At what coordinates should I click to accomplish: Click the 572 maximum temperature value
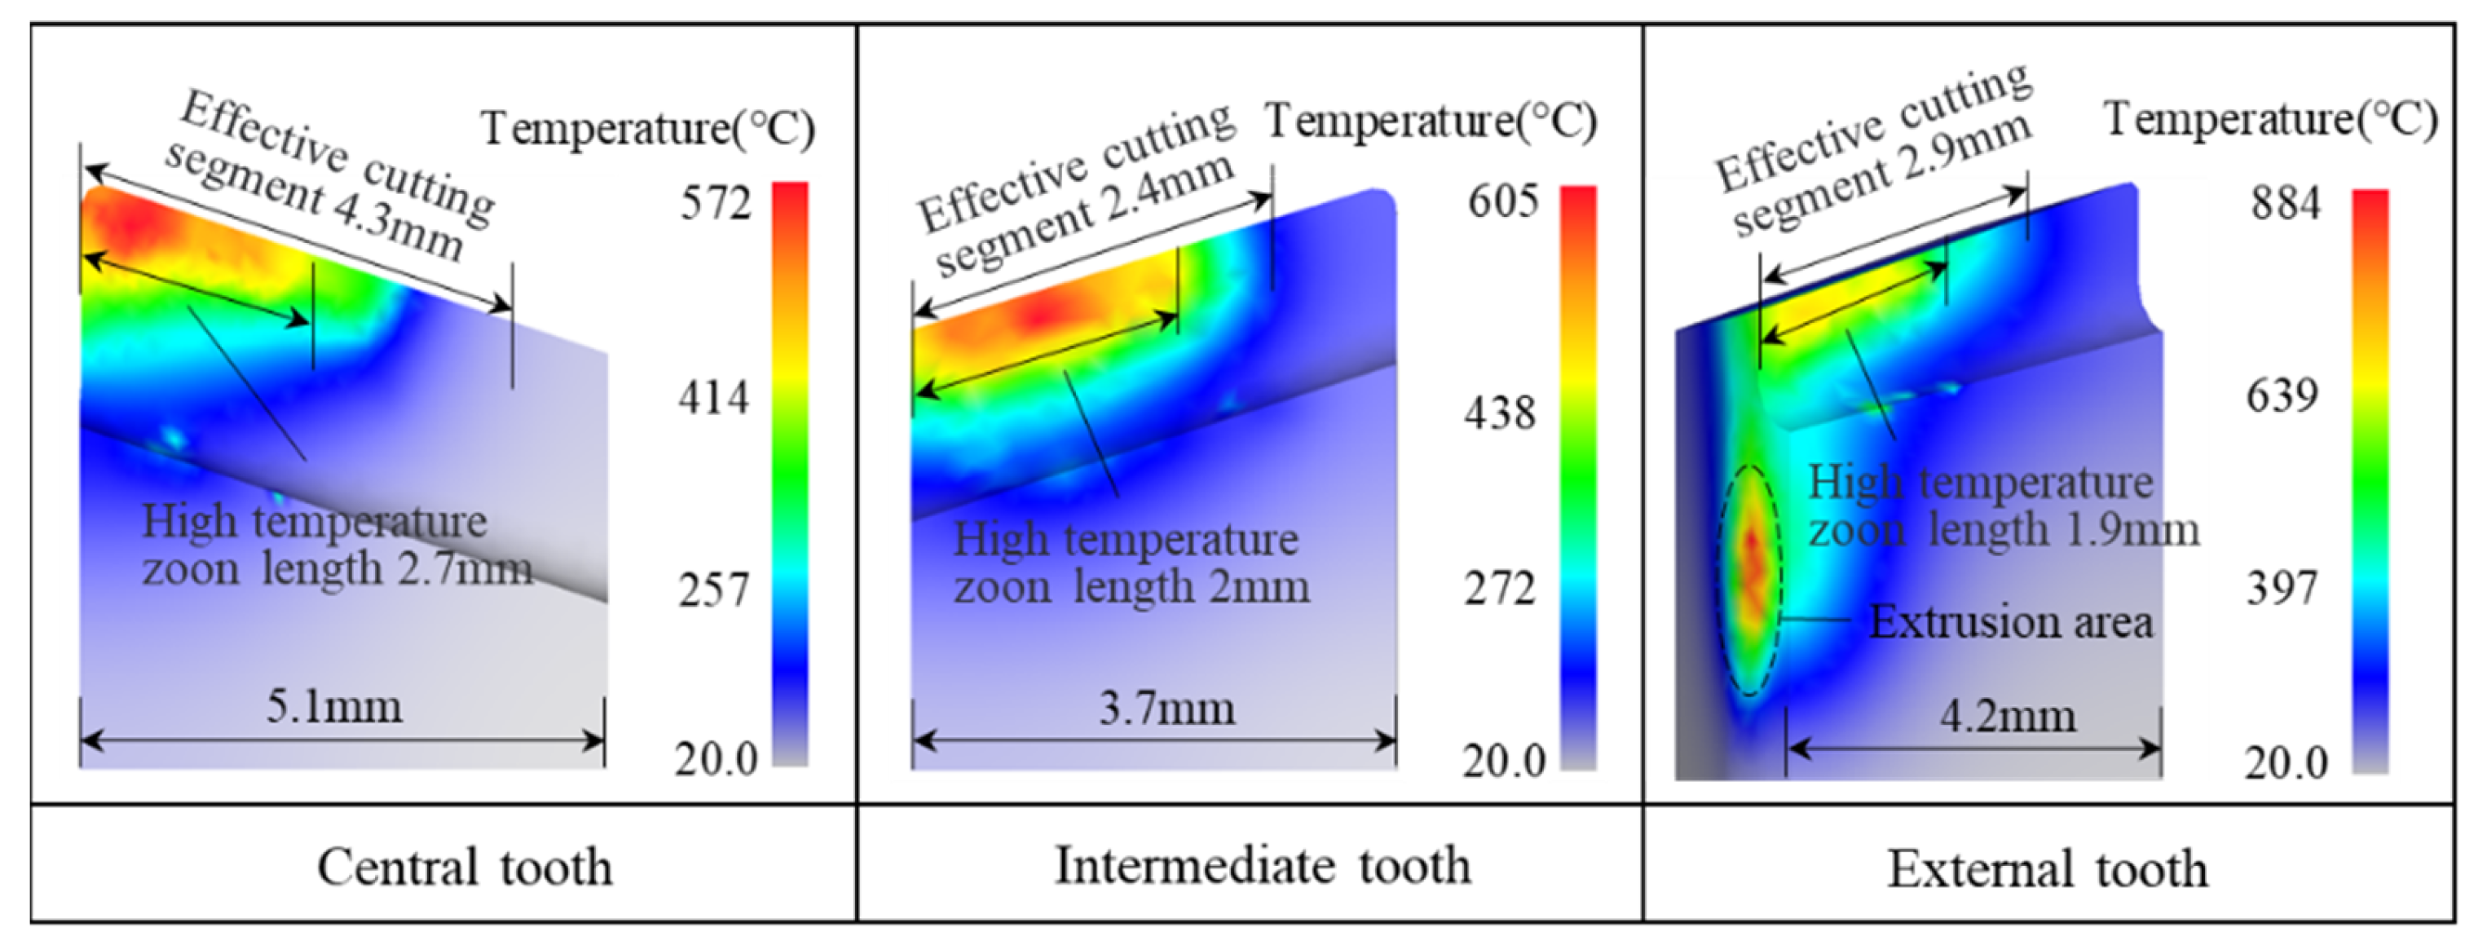(x=715, y=204)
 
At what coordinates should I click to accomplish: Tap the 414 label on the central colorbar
(x=712, y=396)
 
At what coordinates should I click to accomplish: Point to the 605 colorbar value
(x=1502, y=202)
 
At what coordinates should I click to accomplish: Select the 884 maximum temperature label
(x=2286, y=204)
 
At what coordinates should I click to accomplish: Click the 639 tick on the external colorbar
(x=2282, y=395)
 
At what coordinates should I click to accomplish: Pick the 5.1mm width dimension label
(x=334, y=708)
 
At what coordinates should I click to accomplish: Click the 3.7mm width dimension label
(x=1166, y=709)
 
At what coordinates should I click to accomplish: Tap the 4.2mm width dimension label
(x=2008, y=716)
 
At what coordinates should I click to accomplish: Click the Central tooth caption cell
(x=464, y=866)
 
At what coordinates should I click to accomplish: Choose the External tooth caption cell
(x=2047, y=868)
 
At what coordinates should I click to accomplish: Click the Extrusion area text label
(x=2010, y=622)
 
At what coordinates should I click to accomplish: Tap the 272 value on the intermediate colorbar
(x=1500, y=588)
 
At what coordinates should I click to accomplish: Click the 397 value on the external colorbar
(x=2282, y=587)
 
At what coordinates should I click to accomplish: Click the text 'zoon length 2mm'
(x=1131, y=586)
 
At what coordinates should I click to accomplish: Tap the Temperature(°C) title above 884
(x=2271, y=121)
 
